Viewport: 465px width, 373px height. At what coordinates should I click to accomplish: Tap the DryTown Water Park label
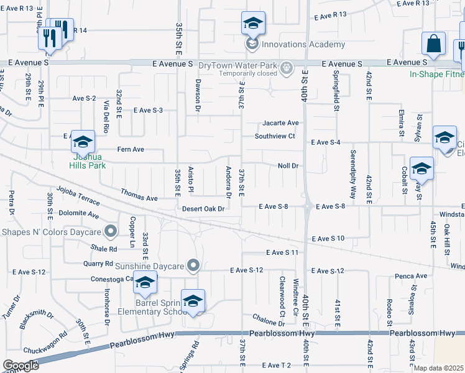pyautogui.click(x=237, y=65)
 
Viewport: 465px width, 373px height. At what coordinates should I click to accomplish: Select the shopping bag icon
pyautogui.click(x=433, y=43)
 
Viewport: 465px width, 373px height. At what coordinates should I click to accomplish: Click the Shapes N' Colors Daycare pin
pyautogui.click(x=111, y=232)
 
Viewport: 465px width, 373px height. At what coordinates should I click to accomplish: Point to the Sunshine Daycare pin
pyautogui.click(x=193, y=266)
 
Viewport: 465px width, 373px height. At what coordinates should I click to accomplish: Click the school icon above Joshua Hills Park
pyautogui.click(x=83, y=142)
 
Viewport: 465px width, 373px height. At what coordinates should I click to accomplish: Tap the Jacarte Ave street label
pyautogui.click(x=280, y=123)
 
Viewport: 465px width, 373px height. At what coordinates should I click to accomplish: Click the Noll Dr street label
pyautogui.click(x=288, y=166)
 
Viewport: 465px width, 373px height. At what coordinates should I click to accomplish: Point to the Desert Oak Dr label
pyautogui.click(x=203, y=209)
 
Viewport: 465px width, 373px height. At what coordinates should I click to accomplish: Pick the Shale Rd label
pyautogui.click(x=104, y=248)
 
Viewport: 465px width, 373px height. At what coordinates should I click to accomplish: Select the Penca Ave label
pyautogui.click(x=413, y=276)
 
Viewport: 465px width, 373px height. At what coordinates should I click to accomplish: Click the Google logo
pyautogui.click(x=21, y=366)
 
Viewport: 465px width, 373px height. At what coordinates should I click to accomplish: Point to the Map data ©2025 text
pyautogui.click(x=438, y=368)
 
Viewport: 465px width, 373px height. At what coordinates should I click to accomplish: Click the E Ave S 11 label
pyautogui.click(x=283, y=252)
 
